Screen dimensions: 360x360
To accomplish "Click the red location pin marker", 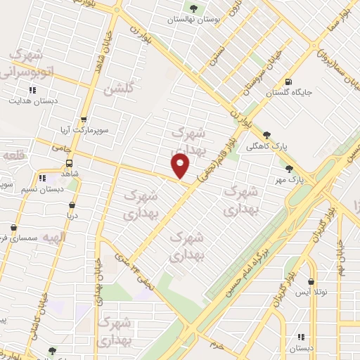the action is (x=181, y=166).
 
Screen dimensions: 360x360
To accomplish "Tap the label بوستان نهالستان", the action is (x=194, y=20).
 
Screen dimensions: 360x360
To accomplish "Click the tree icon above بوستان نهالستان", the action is (x=194, y=8).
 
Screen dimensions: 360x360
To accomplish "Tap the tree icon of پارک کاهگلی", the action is (x=266, y=134).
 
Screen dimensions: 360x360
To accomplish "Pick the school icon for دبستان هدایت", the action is (x=32, y=90).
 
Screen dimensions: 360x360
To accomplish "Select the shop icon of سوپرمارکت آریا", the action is (x=84, y=120).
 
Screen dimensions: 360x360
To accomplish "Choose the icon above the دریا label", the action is (x=71, y=205).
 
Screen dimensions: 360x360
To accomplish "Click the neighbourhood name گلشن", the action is (x=118, y=89).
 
